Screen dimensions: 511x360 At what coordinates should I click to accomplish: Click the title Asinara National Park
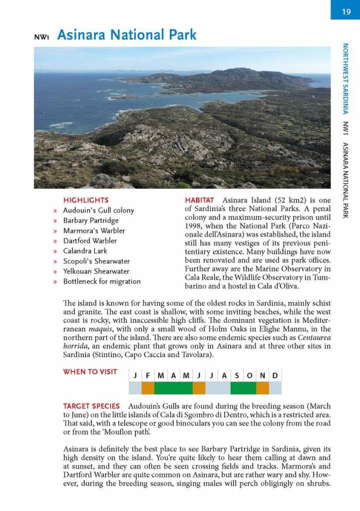coord(127,35)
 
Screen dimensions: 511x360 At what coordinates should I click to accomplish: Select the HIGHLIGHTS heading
coord(85,200)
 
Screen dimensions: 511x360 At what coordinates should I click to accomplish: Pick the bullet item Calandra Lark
coord(85,251)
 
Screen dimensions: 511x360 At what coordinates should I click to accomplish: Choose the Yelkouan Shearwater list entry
coord(96,271)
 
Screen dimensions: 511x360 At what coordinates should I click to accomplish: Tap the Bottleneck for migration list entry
coord(102,281)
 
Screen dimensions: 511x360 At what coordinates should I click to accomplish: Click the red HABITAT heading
coord(199,200)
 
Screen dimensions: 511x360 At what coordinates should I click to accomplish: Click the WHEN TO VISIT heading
coord(90,372)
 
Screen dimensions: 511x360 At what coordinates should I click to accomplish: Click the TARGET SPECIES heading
coord(91,406)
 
